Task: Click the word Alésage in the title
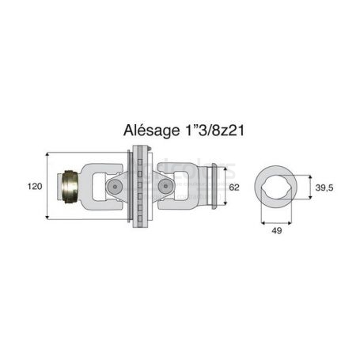click(151, 130)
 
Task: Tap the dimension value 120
click(35, 187)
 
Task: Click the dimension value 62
click(234, 188)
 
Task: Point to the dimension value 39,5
click(324, 188)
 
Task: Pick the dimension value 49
click(276, 231)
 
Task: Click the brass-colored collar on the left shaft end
click(70, 187)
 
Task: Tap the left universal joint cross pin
click(115, 187)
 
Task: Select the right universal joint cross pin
click(165, 186)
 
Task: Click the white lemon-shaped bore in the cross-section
click(276, 187)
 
